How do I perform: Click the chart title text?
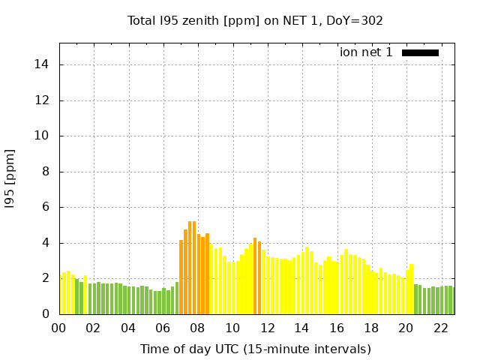pyautogui.click(x=255, y=20)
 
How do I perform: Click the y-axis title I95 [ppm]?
pyautogui.click(x=10, y=178)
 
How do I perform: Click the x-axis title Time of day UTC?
pyautogui.click(x=255, y=349)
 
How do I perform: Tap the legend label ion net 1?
pyautogui.click(x=366, y=52)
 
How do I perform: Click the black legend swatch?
pyautogui.click(x=420, y=52)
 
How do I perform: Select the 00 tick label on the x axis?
pyautogui.click(x=59, y=328)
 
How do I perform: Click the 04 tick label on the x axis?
pyautogui.click(x=128, y=328)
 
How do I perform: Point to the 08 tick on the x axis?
pyautogui.click(x=197, y=328)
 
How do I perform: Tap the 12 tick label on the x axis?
pyautogui.click(x=267, y=328)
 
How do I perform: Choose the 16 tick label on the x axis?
pyautogui.click(x=336, y=328)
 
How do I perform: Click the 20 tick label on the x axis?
pyautogui.click(x=406, y=328)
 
